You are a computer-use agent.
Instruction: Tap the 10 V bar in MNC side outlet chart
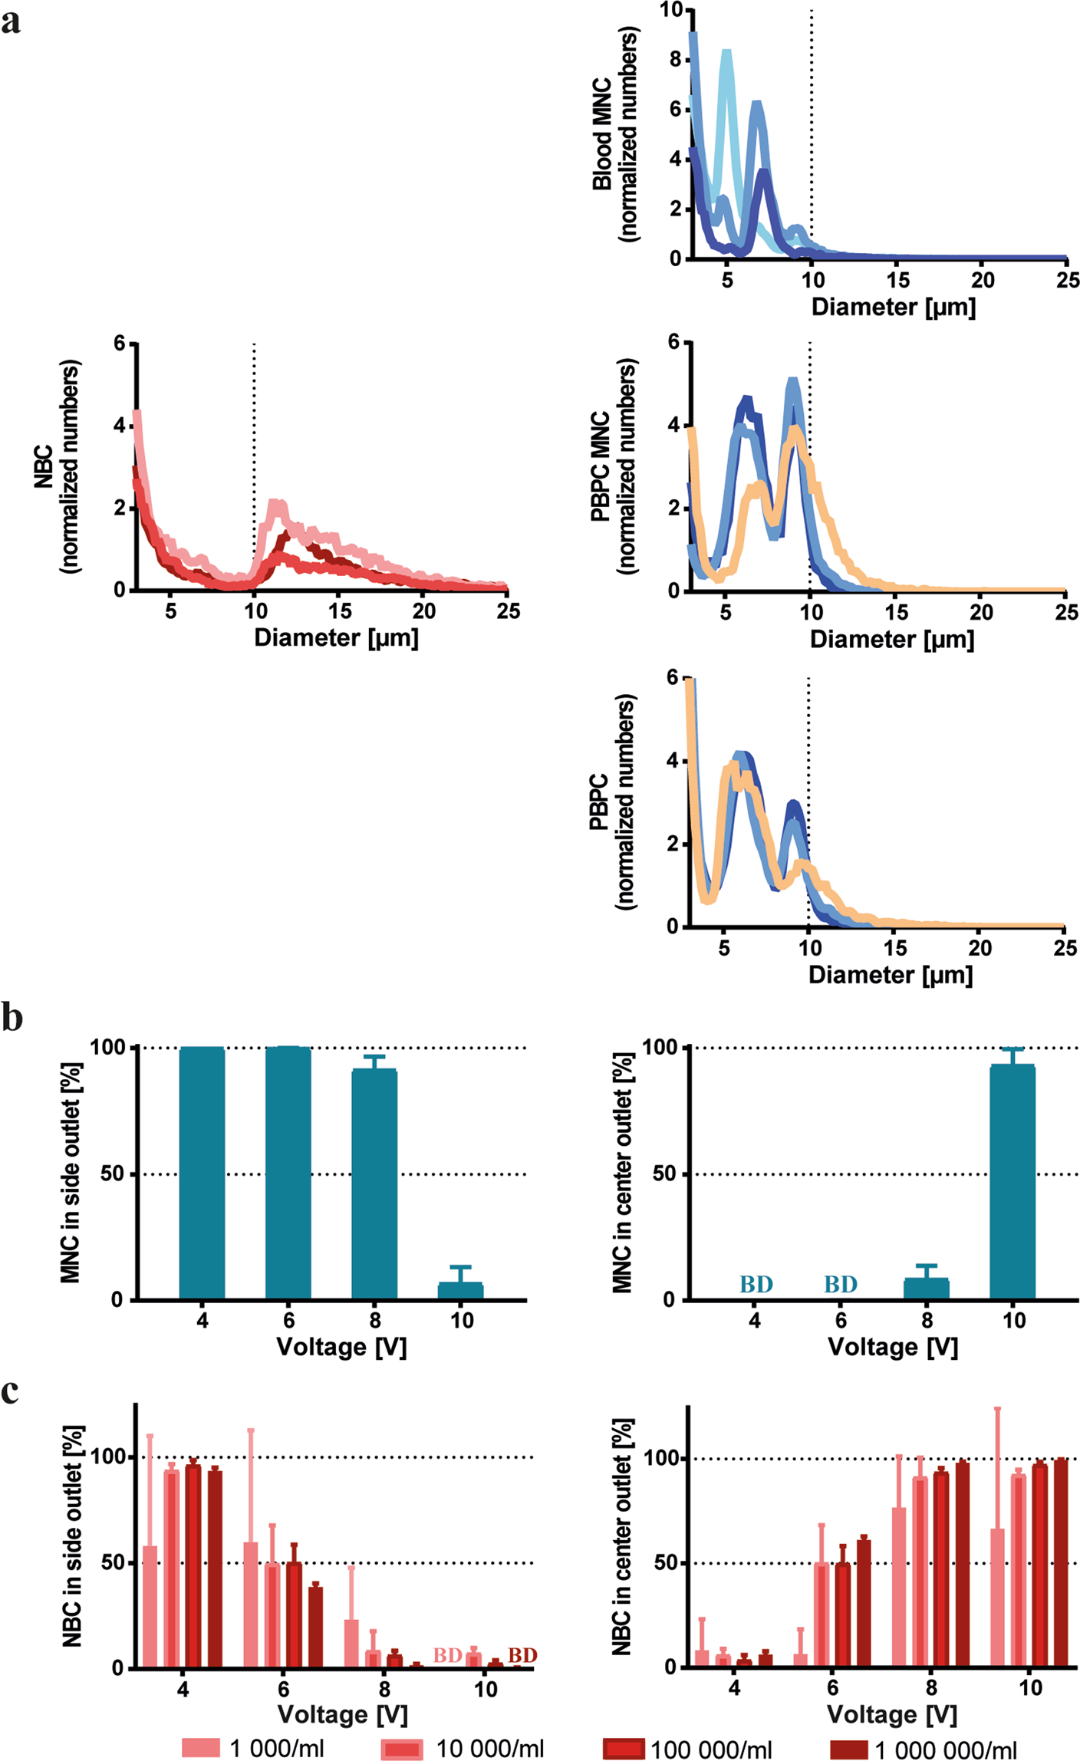(x=460, y=1290)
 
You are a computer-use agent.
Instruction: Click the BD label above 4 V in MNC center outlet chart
(x=756, y=1284)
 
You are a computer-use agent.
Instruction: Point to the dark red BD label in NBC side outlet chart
(x=522, y=1655)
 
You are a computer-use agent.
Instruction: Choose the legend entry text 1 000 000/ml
(x=946, y=1749)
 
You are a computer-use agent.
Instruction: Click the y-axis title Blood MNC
(x=602, y=134)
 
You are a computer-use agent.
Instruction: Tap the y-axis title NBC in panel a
(x=44, y=466)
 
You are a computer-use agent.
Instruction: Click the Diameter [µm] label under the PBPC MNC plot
(x=892, y=639)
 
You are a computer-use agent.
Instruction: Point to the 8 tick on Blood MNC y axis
(x=675, y=59)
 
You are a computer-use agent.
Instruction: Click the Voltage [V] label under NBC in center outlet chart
(x=892, y=1714)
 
